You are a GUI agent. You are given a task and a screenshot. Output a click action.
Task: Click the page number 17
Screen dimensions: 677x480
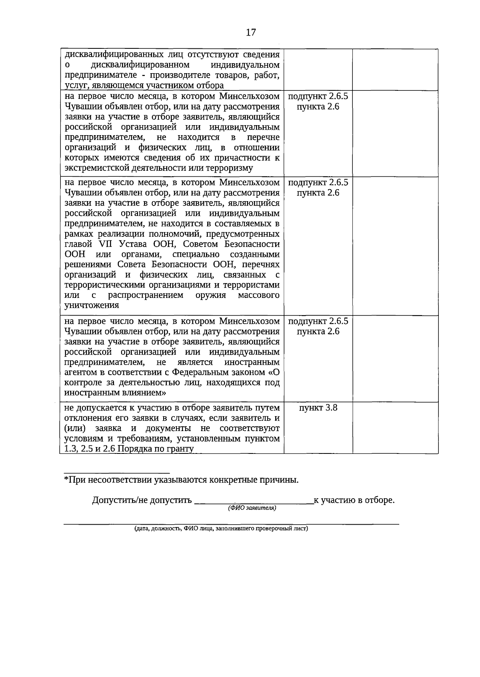tap(251, 33)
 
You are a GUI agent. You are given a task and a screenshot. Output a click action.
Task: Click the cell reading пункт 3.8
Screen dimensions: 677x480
tap(318, 408)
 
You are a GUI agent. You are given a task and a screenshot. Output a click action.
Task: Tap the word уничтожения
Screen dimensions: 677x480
tap(92, 305)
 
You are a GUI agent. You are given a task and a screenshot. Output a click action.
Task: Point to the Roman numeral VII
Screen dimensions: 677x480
tap(102, 244)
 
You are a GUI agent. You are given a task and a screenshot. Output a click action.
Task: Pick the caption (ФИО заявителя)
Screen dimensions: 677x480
tap(252, 508)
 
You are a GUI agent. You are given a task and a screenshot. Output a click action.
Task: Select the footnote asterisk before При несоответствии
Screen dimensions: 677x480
tap(66, 479)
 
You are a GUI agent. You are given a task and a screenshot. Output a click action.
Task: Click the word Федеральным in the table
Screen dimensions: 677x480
tap(208, 372)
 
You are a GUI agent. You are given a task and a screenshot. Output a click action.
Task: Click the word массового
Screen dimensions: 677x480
tap(258, 295)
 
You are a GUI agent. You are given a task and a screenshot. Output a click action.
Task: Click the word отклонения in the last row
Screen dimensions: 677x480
tap(85, 418)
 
